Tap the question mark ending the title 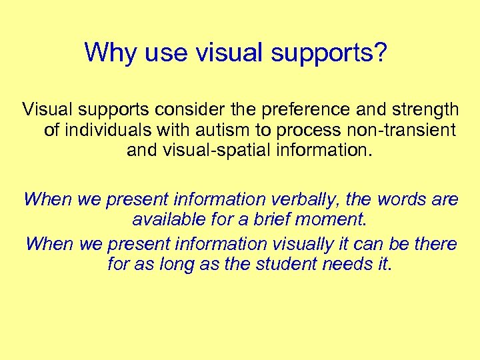click(380, 52)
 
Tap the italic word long click(161, 265)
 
